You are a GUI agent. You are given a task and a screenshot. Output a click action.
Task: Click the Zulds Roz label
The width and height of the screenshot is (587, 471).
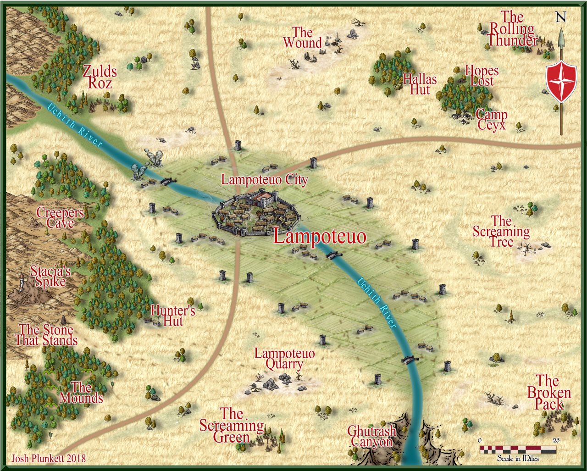pyautogui.click(x=100, y=77)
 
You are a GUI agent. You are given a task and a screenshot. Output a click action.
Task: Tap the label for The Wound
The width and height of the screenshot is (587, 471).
pyautogui.click(x=302, y=38)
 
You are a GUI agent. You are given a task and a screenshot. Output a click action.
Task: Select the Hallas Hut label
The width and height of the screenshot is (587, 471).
pyautogui.click(x=420, y=84)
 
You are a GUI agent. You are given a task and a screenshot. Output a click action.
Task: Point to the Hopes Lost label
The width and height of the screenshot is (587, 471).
pyautogui.click(x=482, y=76)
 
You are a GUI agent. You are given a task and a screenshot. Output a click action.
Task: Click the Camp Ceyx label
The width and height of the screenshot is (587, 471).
pyautogui.click(x=492, y=119)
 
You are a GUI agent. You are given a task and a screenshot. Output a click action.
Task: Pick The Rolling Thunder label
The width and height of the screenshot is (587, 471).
pyautogui.click(x=512, y=29)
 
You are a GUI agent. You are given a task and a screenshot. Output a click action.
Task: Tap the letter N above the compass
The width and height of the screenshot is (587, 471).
pyautogui.click(x=560, y=17)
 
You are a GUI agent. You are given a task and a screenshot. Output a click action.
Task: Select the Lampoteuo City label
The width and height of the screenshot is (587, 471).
pyautogui.click(x=264, y=179)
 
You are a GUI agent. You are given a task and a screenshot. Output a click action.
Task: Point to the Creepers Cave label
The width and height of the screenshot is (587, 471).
pyautogui.click(x=60, y=218)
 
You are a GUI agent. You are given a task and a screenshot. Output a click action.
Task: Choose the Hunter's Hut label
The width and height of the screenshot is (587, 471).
pyautogui.click(x=173, y=316)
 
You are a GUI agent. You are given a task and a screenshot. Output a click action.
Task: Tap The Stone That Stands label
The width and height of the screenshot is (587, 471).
pyautogui.click(x=46, y=335)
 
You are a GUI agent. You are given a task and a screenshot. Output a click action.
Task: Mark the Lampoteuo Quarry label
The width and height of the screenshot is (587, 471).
pyautogui.click(x=284, y=359)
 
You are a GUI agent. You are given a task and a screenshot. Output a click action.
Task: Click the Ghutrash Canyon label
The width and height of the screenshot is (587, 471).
pyautogui.click(x=371, y=436)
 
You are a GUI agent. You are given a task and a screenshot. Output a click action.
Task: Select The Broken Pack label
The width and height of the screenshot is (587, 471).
pyautogui.click(x=548, y=393)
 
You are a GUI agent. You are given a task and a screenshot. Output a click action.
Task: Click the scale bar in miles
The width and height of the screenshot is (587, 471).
pyautogui.click(x=518, y=450)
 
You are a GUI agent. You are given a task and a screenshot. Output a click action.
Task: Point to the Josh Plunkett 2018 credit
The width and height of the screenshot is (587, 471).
pyautogui.click(x=48, y=458)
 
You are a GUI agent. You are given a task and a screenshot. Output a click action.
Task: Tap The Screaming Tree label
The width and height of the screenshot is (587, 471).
pyautogui.click(x=501, y=231)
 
